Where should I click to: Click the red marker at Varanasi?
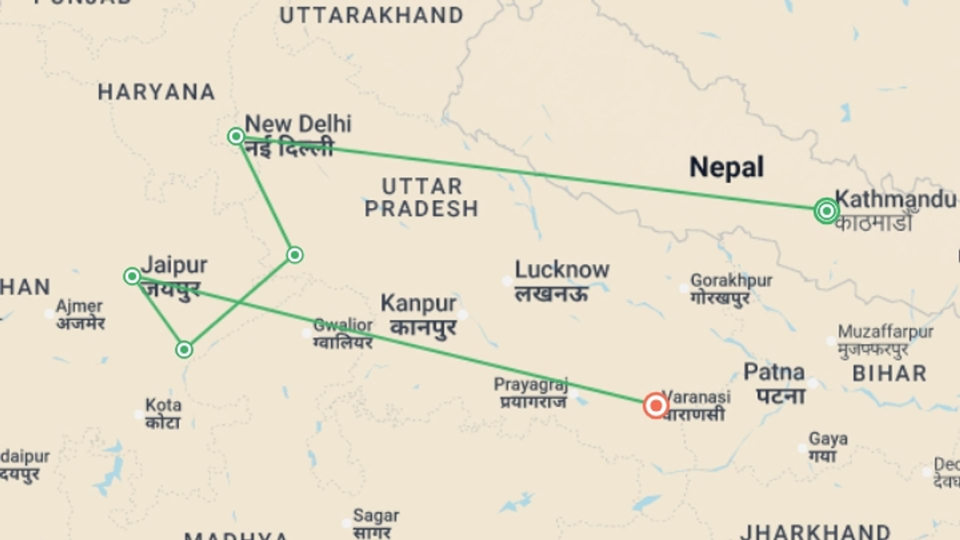click(x=655, y=405)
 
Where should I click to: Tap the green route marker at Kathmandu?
click(x=826, y=211)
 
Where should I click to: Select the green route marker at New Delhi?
click(x=236, y=136)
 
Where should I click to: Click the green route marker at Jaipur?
click(x=132, y=276)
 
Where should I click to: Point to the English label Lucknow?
click(x=562, y=270)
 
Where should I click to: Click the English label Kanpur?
click(x=418, y=303)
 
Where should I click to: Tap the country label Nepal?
click(x=726, y=167)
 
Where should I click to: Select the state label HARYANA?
click(x=156, y=92)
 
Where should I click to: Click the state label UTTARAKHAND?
click(x=371, y=16)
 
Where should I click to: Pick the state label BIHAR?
click(x=889, y=373)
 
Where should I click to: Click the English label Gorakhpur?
click(x=731, y=280)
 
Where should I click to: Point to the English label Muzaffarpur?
click(x=885, y=331)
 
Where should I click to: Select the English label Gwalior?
click(x=343, y=325)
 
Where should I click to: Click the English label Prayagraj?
click(x=531, y=384)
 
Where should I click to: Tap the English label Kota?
click(x=163, y=405)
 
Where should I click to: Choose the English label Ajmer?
click(x=79, y=306)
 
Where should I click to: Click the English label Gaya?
click(x=828, y=439)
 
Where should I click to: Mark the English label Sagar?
click(x=376, y=515)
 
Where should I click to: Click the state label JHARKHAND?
click(x=815, y=531)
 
